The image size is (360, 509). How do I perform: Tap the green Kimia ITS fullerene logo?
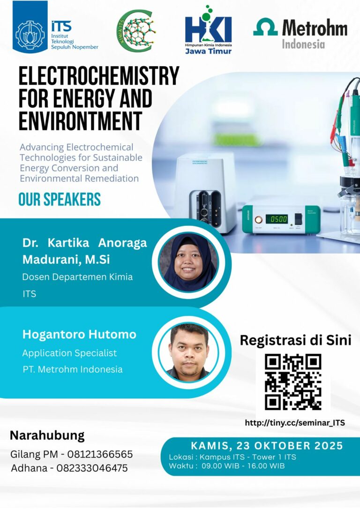click(x=136, y=31)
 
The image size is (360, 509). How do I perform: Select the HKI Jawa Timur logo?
click(x=209, y=30)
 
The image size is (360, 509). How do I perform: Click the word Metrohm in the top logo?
click(x=314, y=28)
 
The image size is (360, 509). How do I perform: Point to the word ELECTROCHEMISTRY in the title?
click(x=99, y=76)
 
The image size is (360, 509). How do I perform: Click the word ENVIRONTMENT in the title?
click(x=81, y=121)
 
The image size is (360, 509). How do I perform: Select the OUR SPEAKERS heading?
click(x=60, y=199)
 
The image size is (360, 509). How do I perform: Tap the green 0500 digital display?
click(x=277, y=219)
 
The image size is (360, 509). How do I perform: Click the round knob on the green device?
click(x=258, y=219)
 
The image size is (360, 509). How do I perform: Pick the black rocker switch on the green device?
click(x=298, y=218)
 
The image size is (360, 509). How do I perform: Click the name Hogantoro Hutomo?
click(x=80, y=334)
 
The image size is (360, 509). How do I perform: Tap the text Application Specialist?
click(x=69, y=353)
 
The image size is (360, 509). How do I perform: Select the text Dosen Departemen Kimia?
click(x=78, y=277)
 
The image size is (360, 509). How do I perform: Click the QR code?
click(x=293, y=382)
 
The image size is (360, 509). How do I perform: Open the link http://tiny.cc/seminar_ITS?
click(x=295, y=423)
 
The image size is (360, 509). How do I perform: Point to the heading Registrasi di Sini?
click(x=296, y=340)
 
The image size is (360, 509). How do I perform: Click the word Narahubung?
click(x=47, y=435)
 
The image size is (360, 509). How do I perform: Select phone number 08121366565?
click(x=100, y=454)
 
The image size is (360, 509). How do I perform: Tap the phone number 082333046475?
click(x=92, y=468)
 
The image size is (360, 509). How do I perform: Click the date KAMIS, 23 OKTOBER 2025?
click(x=267, y=446)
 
